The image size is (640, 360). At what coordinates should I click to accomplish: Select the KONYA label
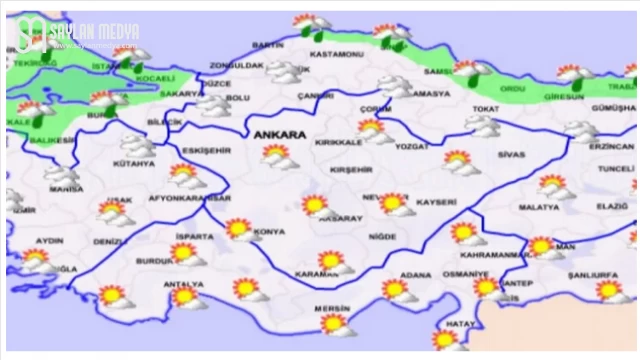tap(269, 232)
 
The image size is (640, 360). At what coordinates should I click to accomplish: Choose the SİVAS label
tap(510, 156)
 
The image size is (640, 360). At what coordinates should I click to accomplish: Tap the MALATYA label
tap(538, 207)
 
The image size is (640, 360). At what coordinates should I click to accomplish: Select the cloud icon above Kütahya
tap(137, 145)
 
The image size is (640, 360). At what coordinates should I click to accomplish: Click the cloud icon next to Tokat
tap(484, 125)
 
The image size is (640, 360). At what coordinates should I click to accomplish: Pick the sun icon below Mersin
tap(334, 324)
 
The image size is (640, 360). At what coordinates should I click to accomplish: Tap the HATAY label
tap(459, 323)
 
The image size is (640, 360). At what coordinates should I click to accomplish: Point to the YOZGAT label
tap(412, 145)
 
